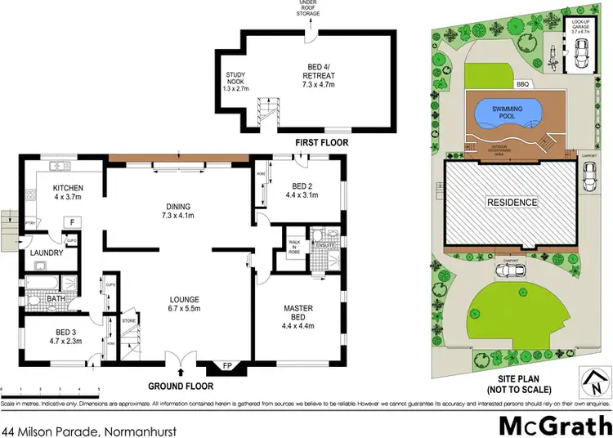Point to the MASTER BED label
click(x=298, y=313)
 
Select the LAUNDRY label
click(x=47, y=253)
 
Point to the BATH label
click(x=56, y=299)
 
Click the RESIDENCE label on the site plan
click(x=512, y=203)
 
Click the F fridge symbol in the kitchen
click(x=72, y=221)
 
